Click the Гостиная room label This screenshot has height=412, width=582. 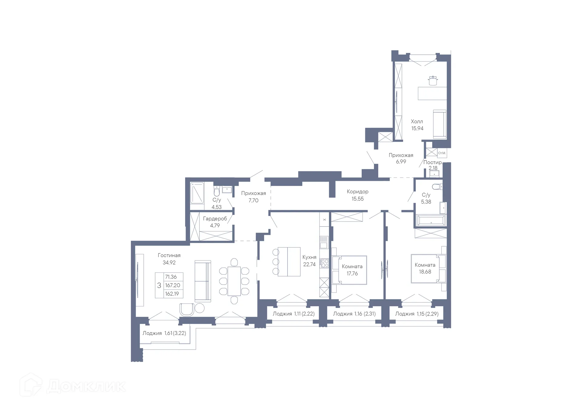click(x=169, y=255)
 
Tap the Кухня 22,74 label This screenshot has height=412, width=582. click(x=309, y=261)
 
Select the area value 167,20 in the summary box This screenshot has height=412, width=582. click(x=172, y=285)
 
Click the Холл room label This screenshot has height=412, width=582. click(x=417, y=121)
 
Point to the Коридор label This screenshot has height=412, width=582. click(x=358, y=192)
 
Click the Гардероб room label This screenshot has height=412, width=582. click(x=215, y=219)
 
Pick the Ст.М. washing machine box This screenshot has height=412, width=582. click(x=442, y=153)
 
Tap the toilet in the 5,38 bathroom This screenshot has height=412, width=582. click(x=437, y=186)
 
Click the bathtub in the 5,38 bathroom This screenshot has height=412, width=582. click(x=431, y=220)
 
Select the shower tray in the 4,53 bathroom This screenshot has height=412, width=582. click(x=197, y=193)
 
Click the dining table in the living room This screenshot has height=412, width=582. click(x=234, y=281)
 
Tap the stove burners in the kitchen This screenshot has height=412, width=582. click(x=325, y=263)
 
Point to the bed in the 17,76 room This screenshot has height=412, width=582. click(x=350, y=270)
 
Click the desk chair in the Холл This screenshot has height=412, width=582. click(x=433, y=81)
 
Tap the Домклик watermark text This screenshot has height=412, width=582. click(x=86, y=386)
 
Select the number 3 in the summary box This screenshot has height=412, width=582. click(x=159, y=285)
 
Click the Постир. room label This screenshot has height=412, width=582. click(x=432, y=162)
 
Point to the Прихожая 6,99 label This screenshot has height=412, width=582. click(x=401, y=158)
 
